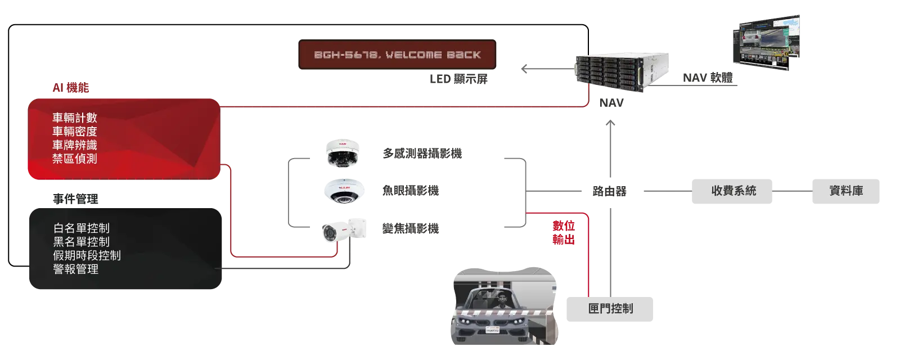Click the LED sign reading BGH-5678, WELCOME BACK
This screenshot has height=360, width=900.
coord(397,54)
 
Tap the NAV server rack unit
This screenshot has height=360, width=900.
coord(622,72)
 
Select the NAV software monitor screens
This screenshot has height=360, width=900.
coord(766,42)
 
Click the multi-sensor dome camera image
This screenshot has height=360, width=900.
coord(343,153)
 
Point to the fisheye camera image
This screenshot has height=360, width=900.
coord(344,191)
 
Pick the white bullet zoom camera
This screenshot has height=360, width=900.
coord(344,230)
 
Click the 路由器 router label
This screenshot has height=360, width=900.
coord(610,191)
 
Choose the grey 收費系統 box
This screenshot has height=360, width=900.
coord(732,191)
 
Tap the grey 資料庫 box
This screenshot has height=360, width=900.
coord(846,191)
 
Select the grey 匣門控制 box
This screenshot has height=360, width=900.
coord(610,309)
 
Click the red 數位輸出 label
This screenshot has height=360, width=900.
coord(563,233)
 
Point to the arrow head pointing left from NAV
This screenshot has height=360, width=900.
coord(524,69)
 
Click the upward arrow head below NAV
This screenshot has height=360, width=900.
coord(610,123)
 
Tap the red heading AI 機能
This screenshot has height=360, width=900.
coord(71,88)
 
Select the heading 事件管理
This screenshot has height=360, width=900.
coord(75,199)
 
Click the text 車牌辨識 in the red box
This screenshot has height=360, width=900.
coord(75,145)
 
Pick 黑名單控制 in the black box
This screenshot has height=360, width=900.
coord(81,242)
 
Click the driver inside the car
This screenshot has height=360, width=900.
coord(502,301)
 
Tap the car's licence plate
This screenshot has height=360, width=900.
coord(492,330)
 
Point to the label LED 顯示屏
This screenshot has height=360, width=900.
coord(458,79)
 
